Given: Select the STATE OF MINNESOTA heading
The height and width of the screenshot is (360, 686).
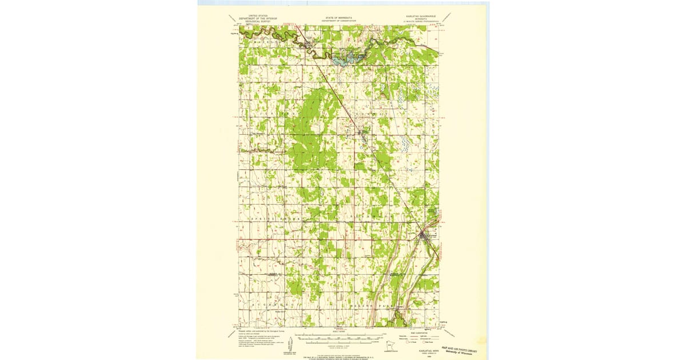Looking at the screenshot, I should coord(337,18).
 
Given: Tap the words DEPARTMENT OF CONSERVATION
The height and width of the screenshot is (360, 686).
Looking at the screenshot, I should coord(337,21).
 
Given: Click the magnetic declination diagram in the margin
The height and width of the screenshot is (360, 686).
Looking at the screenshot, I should coord(291,345).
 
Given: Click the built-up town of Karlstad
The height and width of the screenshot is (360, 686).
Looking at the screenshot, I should coord(423,234).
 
